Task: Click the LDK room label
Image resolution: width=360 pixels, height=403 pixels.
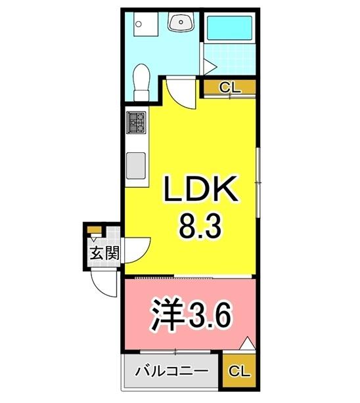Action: point(200,192)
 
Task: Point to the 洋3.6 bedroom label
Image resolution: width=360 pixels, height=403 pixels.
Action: point(192,317)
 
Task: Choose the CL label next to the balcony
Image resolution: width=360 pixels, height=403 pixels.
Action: point(240,371)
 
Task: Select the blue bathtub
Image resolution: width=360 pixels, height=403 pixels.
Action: point(227,29)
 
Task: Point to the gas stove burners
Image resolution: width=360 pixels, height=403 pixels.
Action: point(137,120)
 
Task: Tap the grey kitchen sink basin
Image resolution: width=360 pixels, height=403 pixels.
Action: point(137,165)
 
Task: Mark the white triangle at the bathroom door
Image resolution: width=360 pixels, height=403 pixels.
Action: point(208,66)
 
